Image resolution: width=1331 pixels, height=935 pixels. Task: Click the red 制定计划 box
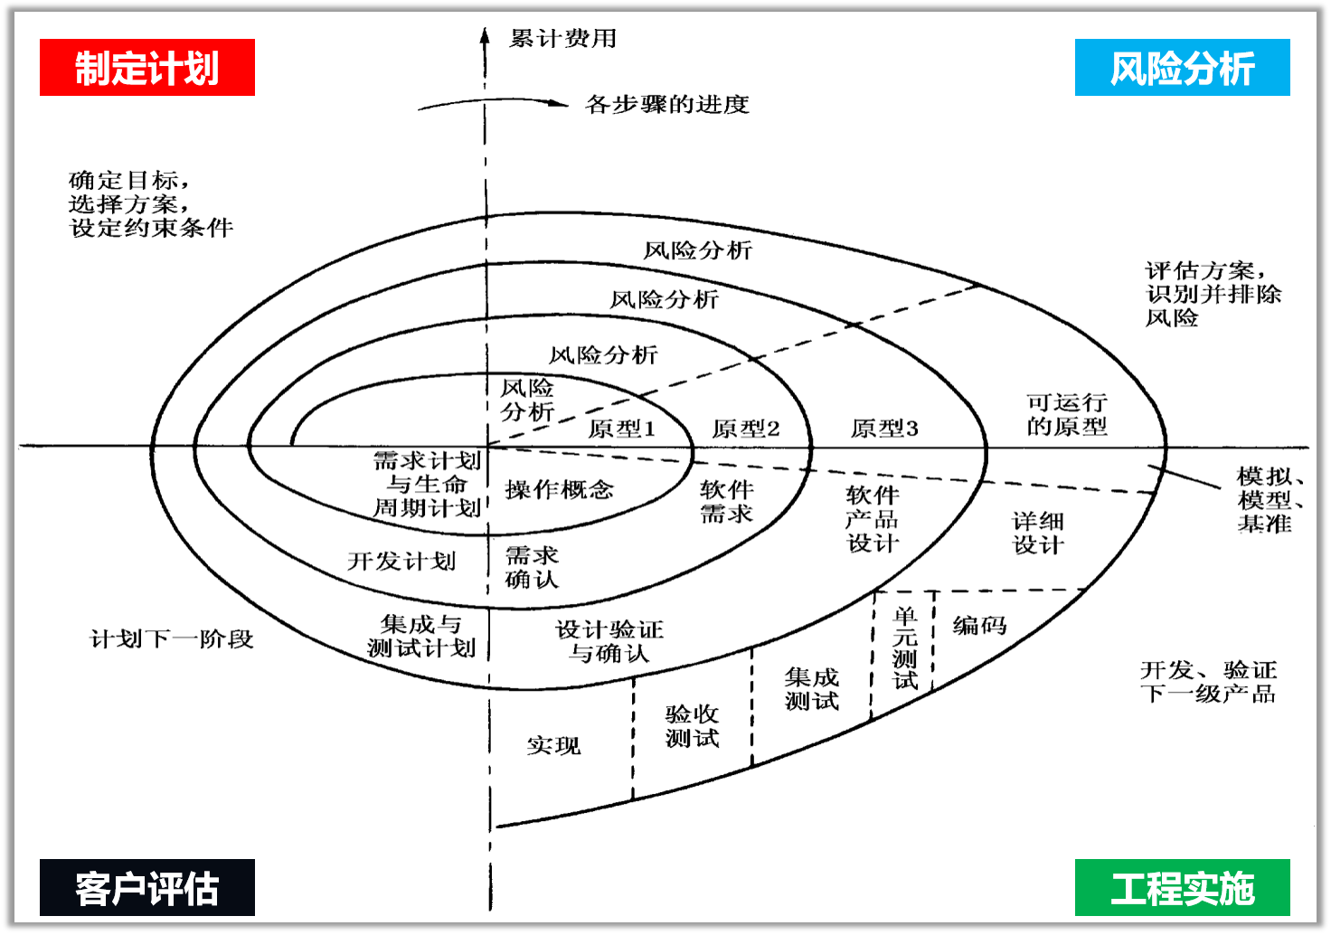(x=147, y=68)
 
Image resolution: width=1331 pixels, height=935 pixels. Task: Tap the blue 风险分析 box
(x=1182, y=68)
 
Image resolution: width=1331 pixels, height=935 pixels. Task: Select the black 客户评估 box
(x=147, y=888)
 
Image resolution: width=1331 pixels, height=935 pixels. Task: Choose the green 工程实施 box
(x=1182, y=888)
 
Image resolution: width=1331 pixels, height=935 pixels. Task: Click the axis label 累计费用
(x=562, y=39)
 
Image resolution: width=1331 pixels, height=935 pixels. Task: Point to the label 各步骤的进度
(x=667, y=105)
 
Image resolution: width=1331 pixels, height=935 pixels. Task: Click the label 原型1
(x=621, y=429)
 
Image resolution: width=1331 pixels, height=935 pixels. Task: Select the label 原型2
(x=745, y=429)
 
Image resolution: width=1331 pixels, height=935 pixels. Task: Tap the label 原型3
(x=884, y=429)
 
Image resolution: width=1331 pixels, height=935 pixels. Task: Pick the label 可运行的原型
(x=1066, y=414)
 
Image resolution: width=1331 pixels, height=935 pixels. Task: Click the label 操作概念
(x=559, y=490)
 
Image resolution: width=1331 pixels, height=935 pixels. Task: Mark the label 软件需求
(x=726, y=502)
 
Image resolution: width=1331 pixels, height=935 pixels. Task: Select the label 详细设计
(x=1038, y=533)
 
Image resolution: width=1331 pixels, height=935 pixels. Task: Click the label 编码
(x=979, y=625)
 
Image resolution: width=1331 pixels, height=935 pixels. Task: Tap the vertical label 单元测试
(x=905, y=648)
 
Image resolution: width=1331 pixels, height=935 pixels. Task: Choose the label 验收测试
(x=692, y=726)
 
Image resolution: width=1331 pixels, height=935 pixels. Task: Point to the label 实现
(x=553, y=746)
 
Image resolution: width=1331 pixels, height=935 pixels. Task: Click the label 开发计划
(x=401, y=562)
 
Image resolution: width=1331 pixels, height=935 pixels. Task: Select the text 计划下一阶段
(x=172, y=639)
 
